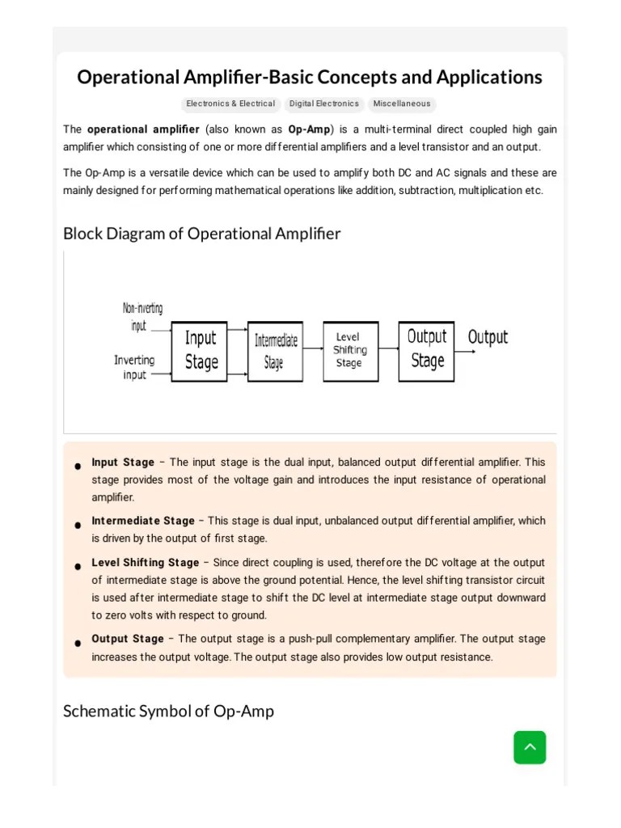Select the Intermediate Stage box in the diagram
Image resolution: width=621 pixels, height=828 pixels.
[275, 351]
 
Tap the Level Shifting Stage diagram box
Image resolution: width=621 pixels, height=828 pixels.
[350, 350]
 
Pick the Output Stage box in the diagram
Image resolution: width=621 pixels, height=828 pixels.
[426, 350]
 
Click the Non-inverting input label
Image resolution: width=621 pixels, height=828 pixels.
[143, 317]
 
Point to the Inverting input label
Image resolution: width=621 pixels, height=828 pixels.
[134, 368]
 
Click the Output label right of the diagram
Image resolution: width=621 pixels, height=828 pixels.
[488, 337]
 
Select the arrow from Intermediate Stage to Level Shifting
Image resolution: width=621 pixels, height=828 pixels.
[313, 350]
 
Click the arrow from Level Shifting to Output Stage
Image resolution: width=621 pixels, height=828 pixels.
[389, 349]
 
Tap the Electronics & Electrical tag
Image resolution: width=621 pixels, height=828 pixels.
[230, 104]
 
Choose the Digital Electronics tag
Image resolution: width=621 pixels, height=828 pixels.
[324, 104]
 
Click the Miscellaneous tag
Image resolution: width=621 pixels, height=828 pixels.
[402, 104]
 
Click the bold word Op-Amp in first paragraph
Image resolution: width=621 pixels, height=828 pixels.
[309, 129]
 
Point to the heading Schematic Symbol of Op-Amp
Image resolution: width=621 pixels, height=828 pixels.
[168, 712]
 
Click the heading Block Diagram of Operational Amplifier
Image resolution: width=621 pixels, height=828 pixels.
[202, 234]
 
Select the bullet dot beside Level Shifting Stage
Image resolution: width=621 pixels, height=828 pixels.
[78, 566]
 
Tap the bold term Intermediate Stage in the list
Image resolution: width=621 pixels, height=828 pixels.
[143, 521]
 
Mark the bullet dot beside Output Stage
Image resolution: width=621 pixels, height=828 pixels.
[78, 643]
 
